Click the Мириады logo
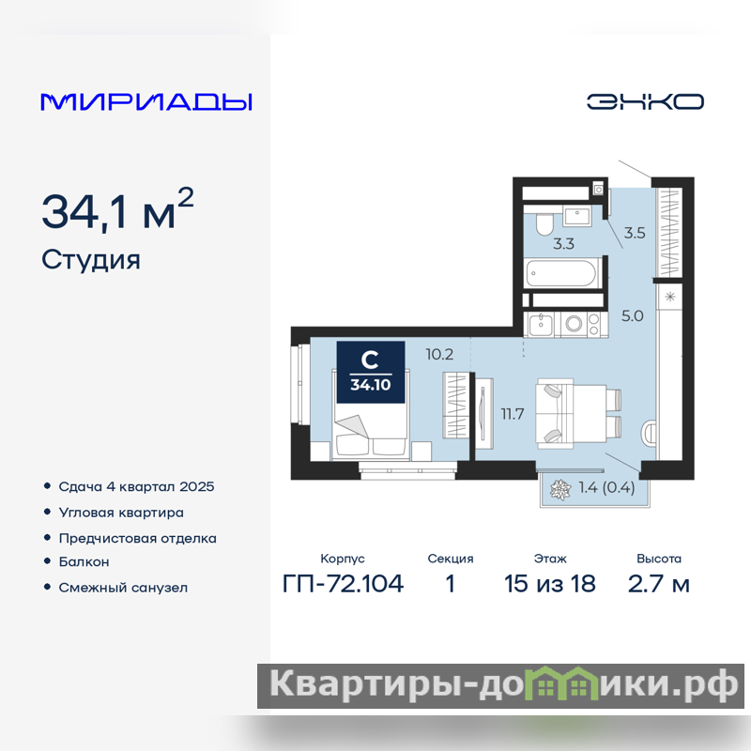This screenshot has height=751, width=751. (x=146, y=102)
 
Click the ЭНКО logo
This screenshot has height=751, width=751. (x=645, y=101)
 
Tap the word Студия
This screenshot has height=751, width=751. (x=91, y=261)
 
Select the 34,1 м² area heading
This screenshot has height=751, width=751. (x=118, y=209)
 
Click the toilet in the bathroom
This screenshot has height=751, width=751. (x=544, y=223)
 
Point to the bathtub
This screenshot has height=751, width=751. (x=562, y=273)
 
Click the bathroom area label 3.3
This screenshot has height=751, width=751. (x=563, y=244)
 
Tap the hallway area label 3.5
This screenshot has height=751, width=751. (x=635, y=233)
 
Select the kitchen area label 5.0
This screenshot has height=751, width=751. (x=632, y=316)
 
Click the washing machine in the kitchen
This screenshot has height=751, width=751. (x=574, y=324)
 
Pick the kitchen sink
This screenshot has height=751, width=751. (x=542, y=325)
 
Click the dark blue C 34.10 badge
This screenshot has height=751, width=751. (x=371, y=372)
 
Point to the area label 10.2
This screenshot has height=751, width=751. (x=439, y=355)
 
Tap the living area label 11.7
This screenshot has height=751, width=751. (x=513, y=414)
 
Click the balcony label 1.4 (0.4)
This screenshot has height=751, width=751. (x=606, y=487)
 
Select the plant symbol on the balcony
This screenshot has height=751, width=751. (x=560, y=489)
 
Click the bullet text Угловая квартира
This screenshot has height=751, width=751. (x=121, y=513)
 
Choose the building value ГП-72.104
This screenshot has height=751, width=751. (x=343, y=583)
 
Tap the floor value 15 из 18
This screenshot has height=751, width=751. (x=550, y=583)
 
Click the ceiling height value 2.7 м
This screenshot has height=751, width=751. (x=659, y=583)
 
